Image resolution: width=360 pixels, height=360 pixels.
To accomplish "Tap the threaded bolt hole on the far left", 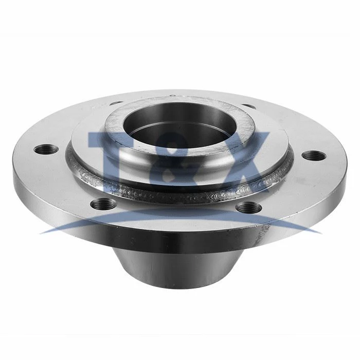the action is point(46,149).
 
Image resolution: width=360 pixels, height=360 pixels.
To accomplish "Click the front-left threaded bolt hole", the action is point(104,203).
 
